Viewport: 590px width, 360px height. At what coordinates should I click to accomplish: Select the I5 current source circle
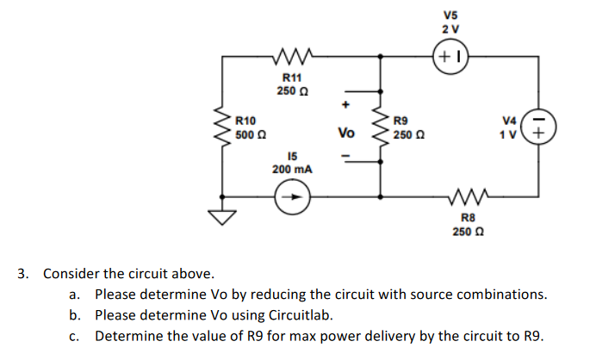(x=292, y=197)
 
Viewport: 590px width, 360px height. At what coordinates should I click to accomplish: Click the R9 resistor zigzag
(x=380, y=127)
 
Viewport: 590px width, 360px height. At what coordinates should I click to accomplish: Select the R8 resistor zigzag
(x=466, y=197)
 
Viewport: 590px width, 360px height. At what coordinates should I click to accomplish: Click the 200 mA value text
(x=292, y=170)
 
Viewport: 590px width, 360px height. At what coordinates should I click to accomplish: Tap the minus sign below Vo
(x=345, y=156)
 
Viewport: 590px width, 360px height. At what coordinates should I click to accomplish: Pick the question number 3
(x=23, y=274)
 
